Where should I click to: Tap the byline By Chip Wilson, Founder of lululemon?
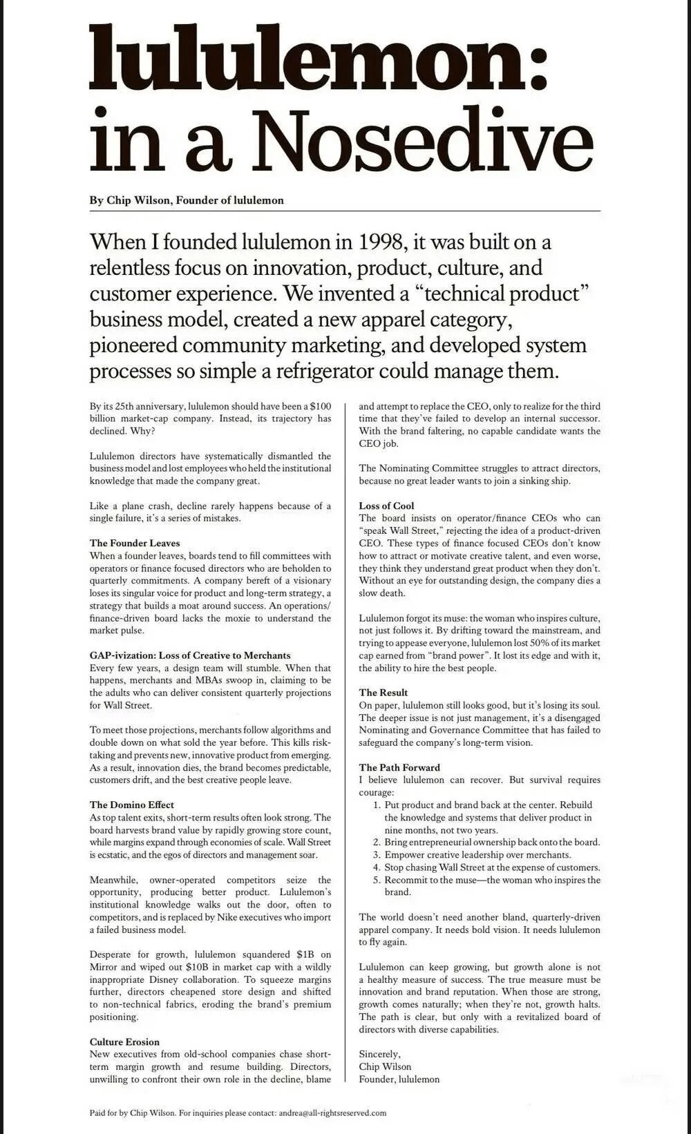click(187, 200)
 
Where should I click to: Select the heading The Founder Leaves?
click(134, 544)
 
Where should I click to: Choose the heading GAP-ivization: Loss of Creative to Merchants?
click(190, 655)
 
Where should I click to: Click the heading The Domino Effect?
click(131, 805)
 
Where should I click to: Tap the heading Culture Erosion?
click(124, 1041)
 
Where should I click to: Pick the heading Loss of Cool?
click(386, 506)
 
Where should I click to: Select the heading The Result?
click(383, 693)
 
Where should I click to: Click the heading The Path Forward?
click(399, 767)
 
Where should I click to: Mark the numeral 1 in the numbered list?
click(377, 805)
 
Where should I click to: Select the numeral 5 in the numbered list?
click(377, 880)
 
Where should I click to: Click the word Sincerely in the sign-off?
click(379, 1054)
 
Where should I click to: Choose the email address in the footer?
click(332, 1113)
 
